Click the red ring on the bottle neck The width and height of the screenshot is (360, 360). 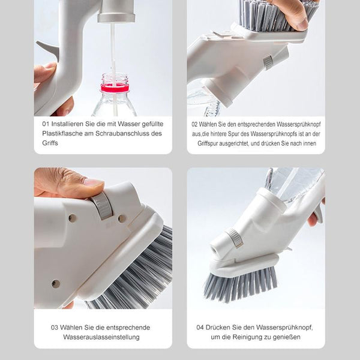[114, 88]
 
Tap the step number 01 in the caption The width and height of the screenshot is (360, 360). [46, 124]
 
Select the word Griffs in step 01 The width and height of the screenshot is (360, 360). [50, 143]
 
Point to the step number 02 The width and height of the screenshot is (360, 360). [194, 124]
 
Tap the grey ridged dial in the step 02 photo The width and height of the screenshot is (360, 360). [268, 62]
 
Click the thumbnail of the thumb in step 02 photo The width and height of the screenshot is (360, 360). [302, 24]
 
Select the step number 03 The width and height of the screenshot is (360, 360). [54, 328]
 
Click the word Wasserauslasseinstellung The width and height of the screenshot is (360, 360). [101, 337]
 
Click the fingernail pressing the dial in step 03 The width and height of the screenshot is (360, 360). [93, 182]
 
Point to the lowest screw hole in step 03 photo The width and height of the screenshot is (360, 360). [55, 284]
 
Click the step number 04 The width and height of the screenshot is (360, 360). [200, 328]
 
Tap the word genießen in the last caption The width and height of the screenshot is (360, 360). [287, 337]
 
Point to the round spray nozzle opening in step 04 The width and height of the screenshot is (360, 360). [215, 250]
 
